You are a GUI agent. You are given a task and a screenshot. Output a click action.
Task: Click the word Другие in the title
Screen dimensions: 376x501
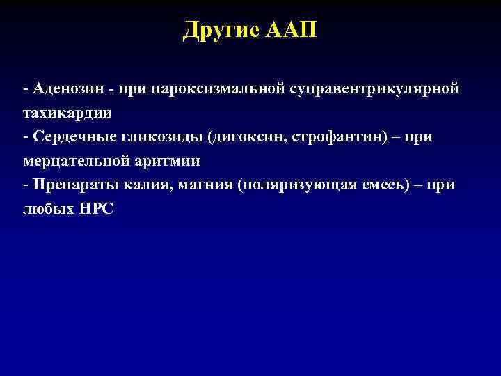[x=221, y=31]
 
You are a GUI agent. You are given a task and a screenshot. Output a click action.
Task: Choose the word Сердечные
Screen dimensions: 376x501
[x=66, y=137]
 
